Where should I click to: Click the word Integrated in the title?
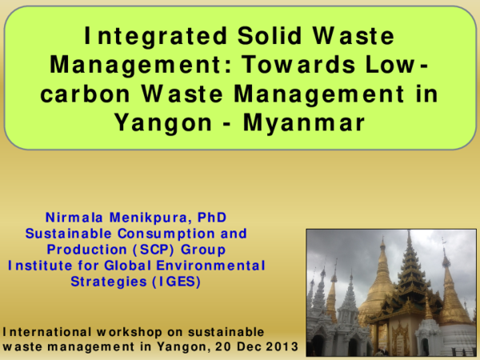pos(147,37)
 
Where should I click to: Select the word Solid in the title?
pos(266,37)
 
